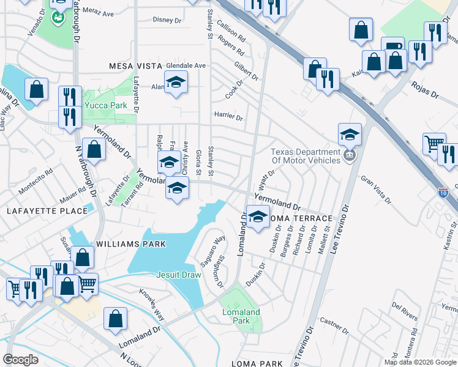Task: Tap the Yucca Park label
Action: pyautogui.click(x=105, y=105)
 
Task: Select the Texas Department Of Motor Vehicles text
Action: pyautogui.click(x=306, y=156)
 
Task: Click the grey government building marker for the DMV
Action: pyautogui.click(x=350, y=156)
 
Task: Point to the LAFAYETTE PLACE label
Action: pyautogui.click(x=47, y=211)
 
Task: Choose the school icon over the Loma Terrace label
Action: pyautogui.click(x=258, y=217)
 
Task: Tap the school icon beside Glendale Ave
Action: pyautogui.click(x=176, y=83)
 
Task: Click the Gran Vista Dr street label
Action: pyautogui.click(x=376, y=188)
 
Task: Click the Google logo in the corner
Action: pyautogui.click(x=20, y=359)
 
